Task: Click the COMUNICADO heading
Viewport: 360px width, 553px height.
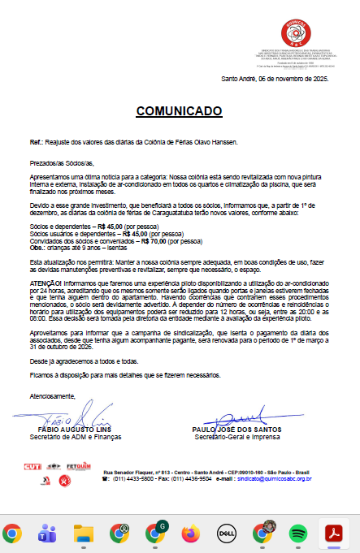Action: click(x=178, y=110)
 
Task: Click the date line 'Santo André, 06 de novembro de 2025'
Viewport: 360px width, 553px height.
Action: click(x=274, y=79)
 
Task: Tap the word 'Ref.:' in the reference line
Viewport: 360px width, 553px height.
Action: click(x=36, y=141)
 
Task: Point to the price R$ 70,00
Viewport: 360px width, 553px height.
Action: click(x=154, y=241)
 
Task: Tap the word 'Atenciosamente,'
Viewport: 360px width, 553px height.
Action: click(x=53, y=396)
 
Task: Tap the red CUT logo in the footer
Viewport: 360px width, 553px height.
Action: click(x=32, y=466)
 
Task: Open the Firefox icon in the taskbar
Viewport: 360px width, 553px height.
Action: click(x=191, y=534)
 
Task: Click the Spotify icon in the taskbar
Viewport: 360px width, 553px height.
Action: click(x=297, y=534)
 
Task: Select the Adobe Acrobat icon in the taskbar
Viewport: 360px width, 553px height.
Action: click(x=332, y=534)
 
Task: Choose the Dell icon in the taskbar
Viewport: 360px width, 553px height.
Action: click(x=226, y=534)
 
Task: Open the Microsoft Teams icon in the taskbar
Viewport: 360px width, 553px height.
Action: click(x=47, y=534)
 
